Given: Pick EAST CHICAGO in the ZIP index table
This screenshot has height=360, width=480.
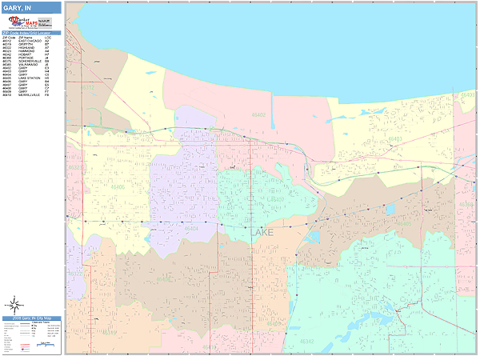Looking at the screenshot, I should (26, 39).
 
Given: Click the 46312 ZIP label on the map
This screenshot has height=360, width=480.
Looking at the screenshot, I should (87, 86).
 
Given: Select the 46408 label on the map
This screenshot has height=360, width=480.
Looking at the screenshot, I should (165, 278).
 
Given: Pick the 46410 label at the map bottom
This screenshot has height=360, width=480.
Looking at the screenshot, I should (210, 348).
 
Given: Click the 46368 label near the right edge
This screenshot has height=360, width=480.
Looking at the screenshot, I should (468, 94).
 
